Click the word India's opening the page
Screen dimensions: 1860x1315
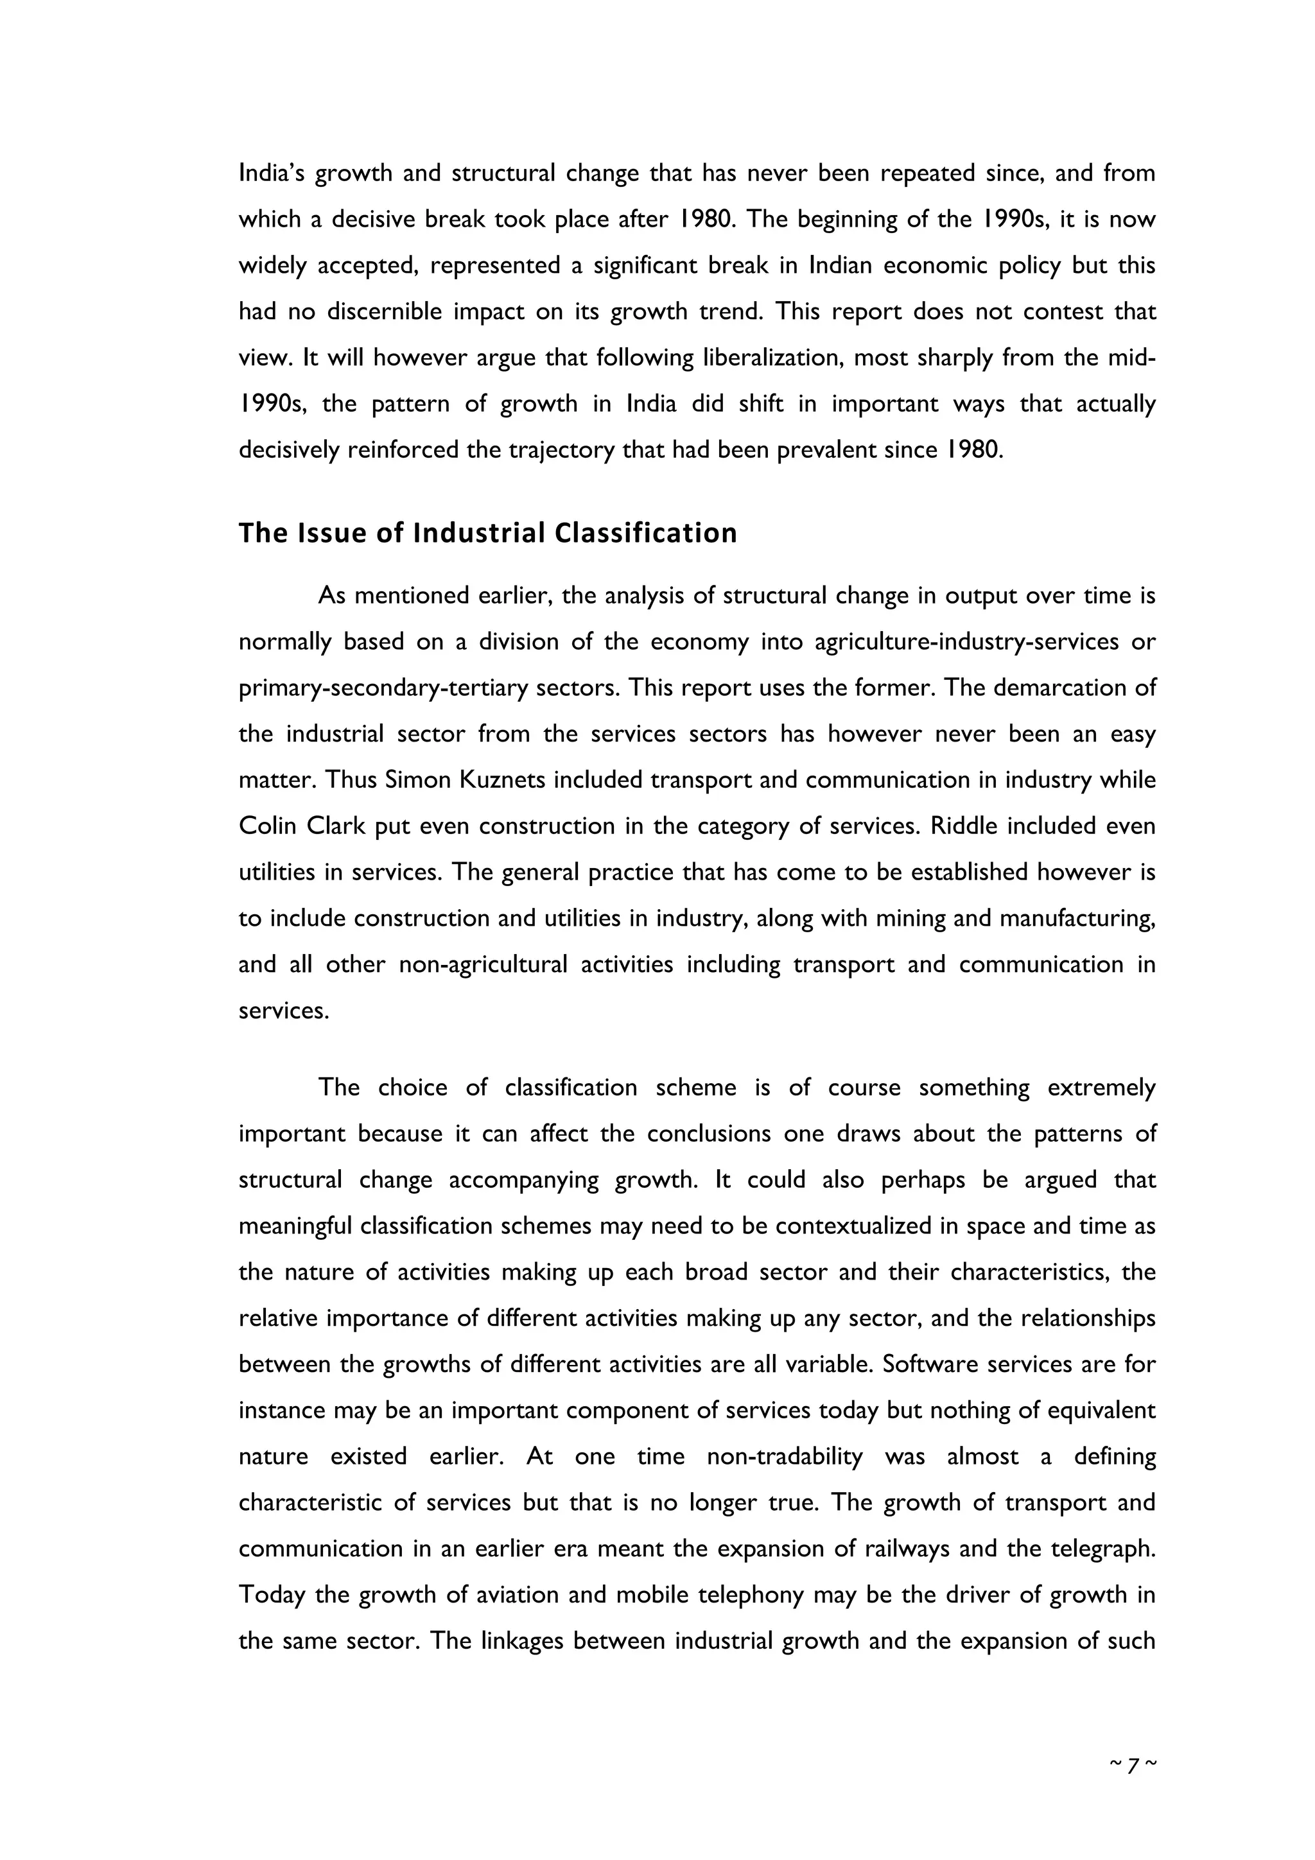tap(270, 173)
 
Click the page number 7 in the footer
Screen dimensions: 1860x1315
tap(1132, 1764)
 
